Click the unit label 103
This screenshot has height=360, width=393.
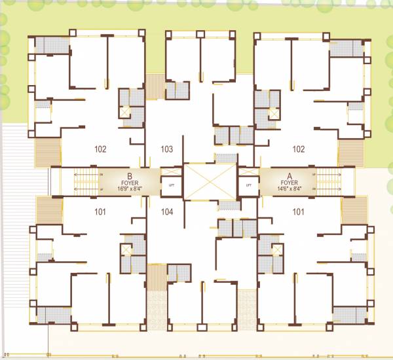167,149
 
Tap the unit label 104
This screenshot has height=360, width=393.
167,211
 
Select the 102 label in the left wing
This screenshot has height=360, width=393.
100,149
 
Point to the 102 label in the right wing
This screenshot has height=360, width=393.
299,149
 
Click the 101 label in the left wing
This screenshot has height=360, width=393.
100,211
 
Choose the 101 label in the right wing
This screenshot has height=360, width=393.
299,211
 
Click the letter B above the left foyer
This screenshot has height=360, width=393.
130,176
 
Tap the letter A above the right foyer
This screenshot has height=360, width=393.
289,176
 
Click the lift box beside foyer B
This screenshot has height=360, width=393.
172,185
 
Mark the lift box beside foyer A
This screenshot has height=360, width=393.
248,185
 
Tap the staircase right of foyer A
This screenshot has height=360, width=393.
327,182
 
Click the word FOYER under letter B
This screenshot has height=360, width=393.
130,183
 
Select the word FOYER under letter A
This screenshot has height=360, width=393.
289,183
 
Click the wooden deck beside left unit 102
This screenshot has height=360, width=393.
47,152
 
